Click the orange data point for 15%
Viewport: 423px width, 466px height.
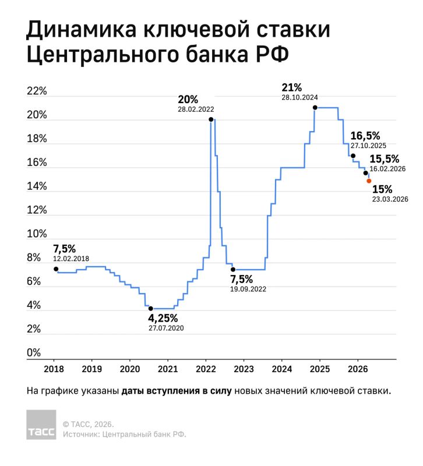coord(369,181)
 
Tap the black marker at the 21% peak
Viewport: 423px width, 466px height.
coord(315,107)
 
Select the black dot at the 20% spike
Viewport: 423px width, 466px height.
coord(210,119)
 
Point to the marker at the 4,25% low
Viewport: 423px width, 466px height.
coord(150,308)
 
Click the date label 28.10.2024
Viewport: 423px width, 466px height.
coord(299,98)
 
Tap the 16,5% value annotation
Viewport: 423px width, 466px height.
coord(369,135)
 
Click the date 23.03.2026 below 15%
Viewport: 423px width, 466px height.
coord(390,199)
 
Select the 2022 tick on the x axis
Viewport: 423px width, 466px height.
coord(205,369)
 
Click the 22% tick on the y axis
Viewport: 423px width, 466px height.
coord(37,91)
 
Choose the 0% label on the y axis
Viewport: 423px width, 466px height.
coord(34,353)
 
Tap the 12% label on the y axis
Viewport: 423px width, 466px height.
coord(37,210)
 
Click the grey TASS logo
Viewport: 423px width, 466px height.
coord(41,425)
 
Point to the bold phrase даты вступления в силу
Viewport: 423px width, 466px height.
coord(177,391)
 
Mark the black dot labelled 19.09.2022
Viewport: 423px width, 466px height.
coord(233,269)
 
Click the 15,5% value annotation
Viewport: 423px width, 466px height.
coord(385,158)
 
